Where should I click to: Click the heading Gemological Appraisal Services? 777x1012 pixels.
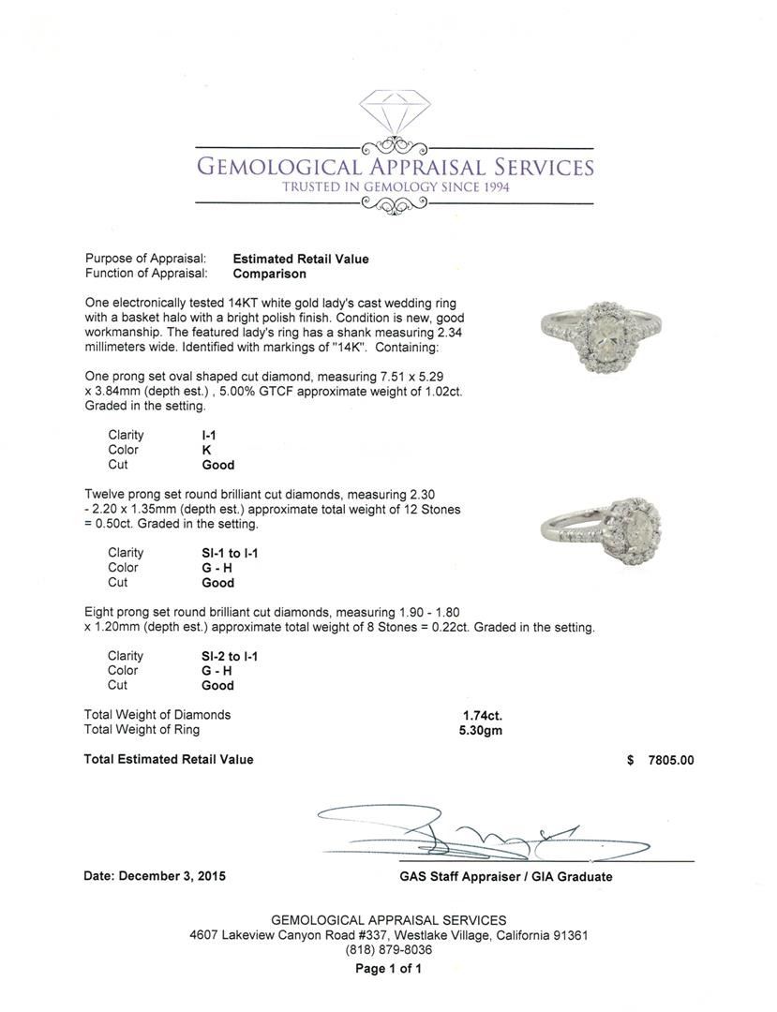[x=394, y=168]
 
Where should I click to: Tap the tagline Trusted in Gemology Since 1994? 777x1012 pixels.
[x=394, y=187]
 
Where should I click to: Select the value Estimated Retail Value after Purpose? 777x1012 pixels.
[x=300, y=260]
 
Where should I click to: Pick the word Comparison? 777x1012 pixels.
[x=269, y=275]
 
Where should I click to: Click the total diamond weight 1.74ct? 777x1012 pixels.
[x=482, y=715]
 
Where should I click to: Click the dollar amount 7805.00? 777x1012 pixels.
[x=671, y=761]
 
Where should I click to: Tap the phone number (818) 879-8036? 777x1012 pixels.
[x=388, y=949]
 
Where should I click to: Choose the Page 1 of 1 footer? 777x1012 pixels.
[x=388, y=969]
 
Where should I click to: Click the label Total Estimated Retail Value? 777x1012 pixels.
[x=169, y=760]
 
